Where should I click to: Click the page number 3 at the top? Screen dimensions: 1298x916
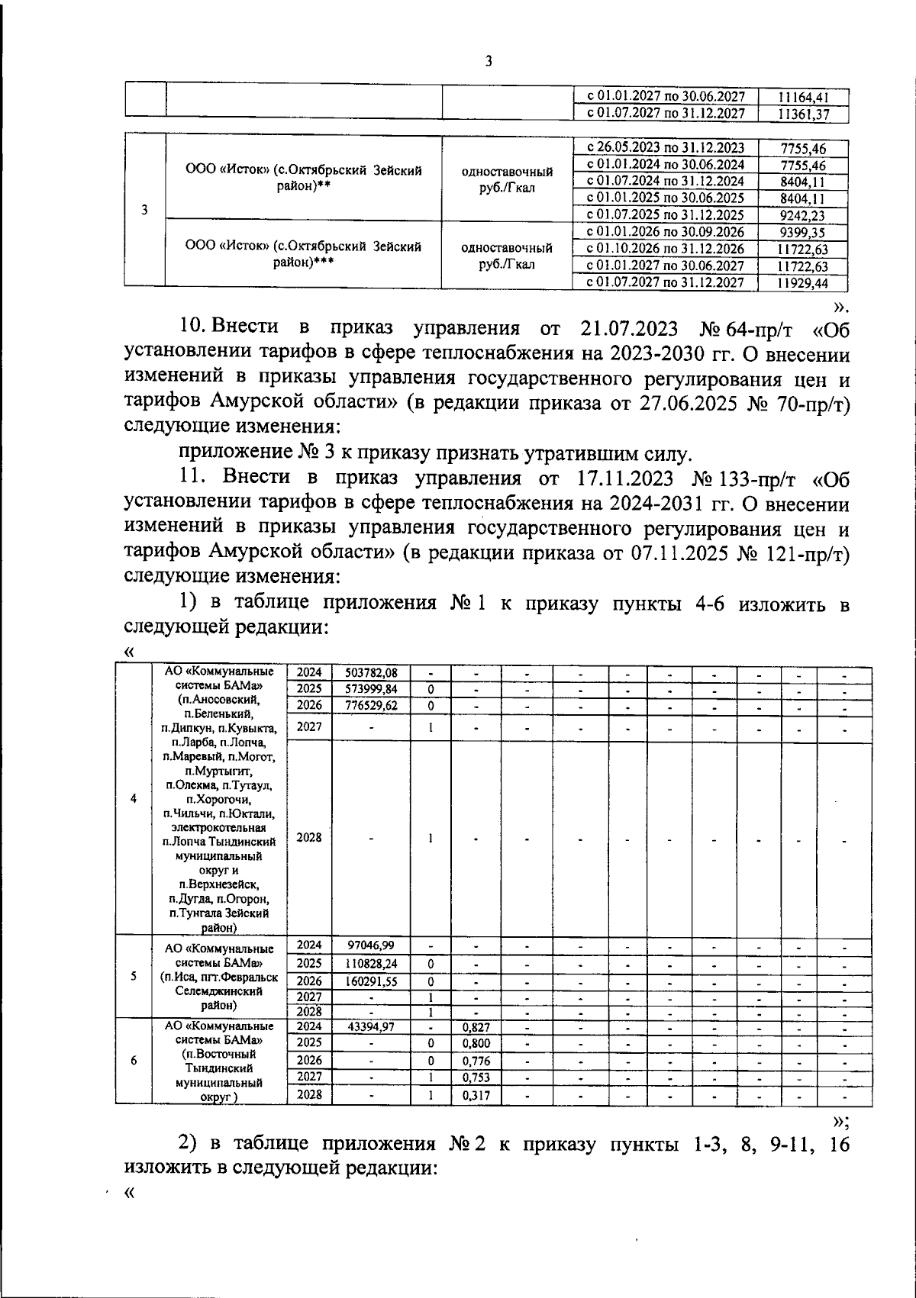pos(489,62)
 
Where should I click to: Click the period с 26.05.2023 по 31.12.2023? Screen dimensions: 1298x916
pos(665,148)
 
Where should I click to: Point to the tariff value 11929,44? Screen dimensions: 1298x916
pos(802,283)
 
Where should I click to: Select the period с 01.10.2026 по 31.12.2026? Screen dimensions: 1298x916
pos(665,249)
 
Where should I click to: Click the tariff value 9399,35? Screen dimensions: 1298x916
pos(803,232)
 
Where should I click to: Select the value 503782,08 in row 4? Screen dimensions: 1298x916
pos(371,673)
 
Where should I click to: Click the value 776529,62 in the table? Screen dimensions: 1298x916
pos(371,705)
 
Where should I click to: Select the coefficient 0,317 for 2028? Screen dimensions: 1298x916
pos(476,1095)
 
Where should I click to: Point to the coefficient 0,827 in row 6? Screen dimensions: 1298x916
pos(476,1027)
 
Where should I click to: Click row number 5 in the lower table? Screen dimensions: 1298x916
pos(134,977)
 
